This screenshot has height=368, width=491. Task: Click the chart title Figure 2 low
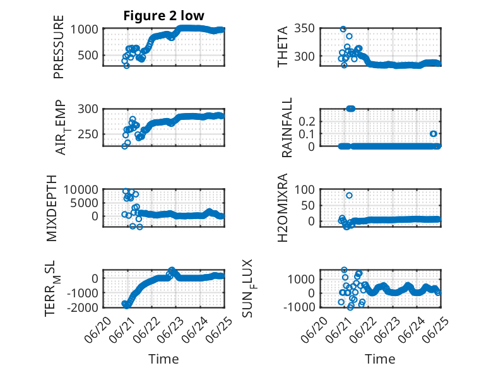click(x=163, y=16)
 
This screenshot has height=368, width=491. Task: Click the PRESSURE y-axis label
click(x=59, y=47)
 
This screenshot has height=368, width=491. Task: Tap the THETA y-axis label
click(x=283, y=47)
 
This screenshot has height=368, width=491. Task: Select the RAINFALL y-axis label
click(x=287, y=128)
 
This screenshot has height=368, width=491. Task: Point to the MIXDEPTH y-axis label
click(x=52, y=208)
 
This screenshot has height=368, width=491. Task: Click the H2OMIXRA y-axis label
click(x=283, y=208)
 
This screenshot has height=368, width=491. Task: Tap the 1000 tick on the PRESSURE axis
click(x=84, y=30)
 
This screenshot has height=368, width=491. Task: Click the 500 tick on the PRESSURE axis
click(x=88, y=55)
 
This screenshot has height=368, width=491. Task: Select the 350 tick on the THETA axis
click(x=304, y=28)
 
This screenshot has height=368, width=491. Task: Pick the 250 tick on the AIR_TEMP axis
click(x=88, y=134)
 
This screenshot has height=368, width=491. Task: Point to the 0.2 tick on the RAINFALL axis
click(x=307, y=121)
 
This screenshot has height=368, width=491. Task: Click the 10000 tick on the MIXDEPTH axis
click(x=81, y=189)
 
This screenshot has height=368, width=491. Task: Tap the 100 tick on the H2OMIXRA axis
click(x=305, y=189)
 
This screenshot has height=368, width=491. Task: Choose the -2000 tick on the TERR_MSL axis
click(x=82, y=307)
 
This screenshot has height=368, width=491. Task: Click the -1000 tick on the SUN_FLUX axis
click(x=299, y=307)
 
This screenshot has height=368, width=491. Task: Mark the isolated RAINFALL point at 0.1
click(x=434, y=134)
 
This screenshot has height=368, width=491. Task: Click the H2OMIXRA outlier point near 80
click(x=349, y=196)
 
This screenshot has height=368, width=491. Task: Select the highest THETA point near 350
click(x=343, y=29)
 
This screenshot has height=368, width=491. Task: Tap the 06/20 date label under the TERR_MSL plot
click(x=98, y=329)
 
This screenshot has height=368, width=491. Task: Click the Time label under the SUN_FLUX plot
click(x=380, y=359)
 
